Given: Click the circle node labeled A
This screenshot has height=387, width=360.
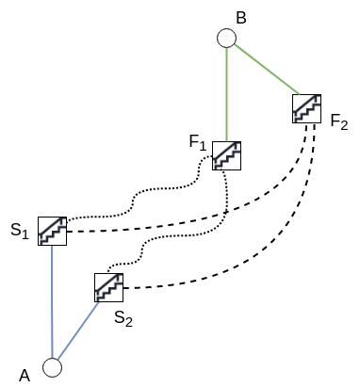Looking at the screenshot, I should click(x=53, y=366).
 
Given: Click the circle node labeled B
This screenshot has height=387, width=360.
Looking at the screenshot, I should click(x=226, y=38).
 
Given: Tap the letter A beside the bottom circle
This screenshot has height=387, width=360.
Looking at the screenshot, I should click(x=25, y=375).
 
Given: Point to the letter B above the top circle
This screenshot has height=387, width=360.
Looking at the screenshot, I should click(x=240, y=17).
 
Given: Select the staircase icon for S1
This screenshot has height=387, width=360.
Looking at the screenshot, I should click(x=52, y=231).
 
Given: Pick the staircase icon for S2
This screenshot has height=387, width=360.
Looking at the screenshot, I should click(x=109, y=287).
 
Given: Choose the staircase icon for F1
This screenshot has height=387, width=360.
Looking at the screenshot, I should click(x=226, y=155).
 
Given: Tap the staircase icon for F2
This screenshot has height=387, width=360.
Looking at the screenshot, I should click(x=307, y=108).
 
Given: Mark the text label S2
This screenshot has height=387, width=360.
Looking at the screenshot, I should click(x=123, y=319).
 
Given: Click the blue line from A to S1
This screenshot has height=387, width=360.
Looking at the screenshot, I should click(x=52, y=301).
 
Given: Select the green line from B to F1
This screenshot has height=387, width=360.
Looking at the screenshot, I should click(x=226, y=94).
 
